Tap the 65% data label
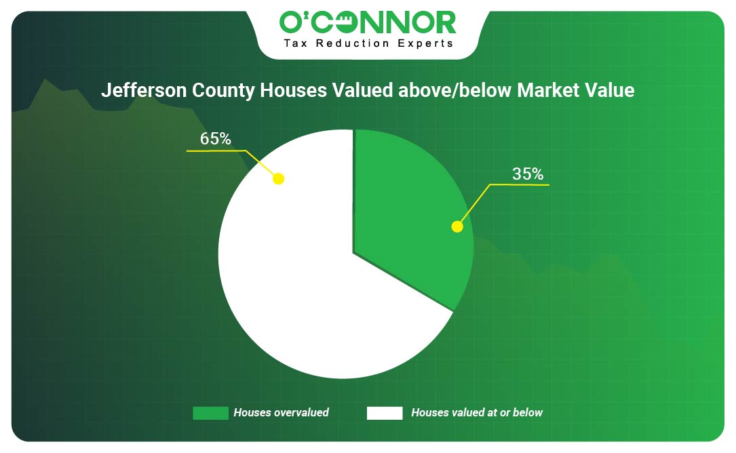pyautogui.click(x=216, y=139)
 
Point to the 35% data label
pyautogui.click(x=528, y=174)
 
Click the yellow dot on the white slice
pyautogui.click(x=278, y=179)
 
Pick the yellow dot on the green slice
pyautogui.click(x=457, y=226)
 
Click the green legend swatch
pyautogui.click(x=211, y=413)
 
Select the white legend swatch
pyautogui.click(x=385, y=413)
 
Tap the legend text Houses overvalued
pyautogui.click(x=281, y=412)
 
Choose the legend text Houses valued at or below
pyautogui.click(x=477, y=412)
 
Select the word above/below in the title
pyautogui.click(x=455, y=90)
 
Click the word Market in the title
pyautogui.click(x=548, y=90)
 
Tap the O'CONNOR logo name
pyautogui.click(x=368, y=22)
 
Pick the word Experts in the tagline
pyautogui.click(x=425, y=43)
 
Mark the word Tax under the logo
pyautogui.click(x=296, y=43)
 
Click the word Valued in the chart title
pyautogui.click(x=363, y=90)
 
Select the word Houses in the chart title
pyautogui.click(x=293, y=90)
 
